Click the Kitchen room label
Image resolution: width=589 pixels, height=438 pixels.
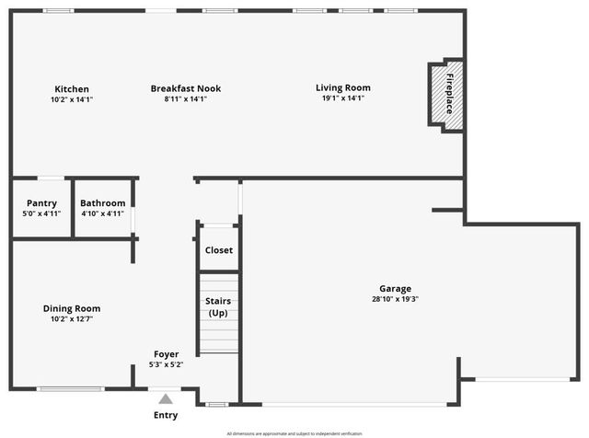(72, 88)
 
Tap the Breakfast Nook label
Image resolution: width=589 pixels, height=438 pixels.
(186, 88)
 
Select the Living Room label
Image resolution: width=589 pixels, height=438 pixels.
(343, 87)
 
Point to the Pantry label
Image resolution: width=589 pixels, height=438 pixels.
(41, 203)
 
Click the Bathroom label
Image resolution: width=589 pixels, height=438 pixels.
(102, 203)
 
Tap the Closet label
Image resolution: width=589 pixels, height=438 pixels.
(218, 250)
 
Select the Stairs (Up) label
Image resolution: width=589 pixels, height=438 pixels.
(218, 307)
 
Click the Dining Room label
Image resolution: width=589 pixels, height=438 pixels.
(72, 308)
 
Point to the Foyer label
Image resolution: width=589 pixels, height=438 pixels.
(167, 354)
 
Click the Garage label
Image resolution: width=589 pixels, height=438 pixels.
(396, 288)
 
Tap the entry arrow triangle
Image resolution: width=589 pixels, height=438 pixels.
(166, 398)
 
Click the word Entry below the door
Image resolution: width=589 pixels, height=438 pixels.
(166, 415)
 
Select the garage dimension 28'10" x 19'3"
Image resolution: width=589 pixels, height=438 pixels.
(396, 299)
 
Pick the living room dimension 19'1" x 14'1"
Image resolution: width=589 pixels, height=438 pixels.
(343, 98)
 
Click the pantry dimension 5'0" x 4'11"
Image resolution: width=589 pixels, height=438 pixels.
(41, 213)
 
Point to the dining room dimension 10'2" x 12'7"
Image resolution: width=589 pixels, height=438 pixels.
(72, 319)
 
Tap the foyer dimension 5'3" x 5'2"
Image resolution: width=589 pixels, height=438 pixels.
(167, 365)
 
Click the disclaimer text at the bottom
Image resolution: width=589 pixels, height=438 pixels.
(294, 432)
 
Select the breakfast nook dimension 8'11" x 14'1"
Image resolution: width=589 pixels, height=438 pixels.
(186, 98)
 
